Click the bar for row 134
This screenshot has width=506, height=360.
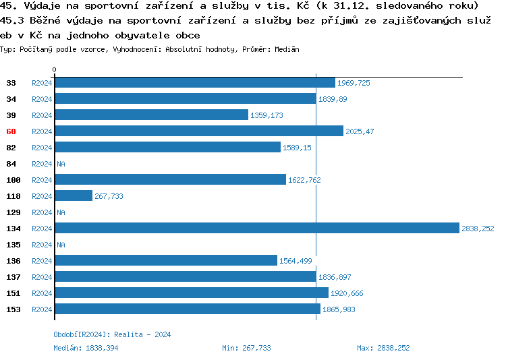pos(256,229)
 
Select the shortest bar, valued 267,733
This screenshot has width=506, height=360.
pos(74,196)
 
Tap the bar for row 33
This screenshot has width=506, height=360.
pos(194,83)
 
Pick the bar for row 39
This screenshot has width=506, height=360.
pos(151,115)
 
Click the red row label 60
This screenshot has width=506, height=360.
pos(11,131)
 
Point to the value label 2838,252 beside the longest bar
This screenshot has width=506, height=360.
pos(478,229)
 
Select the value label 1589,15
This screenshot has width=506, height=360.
pos(297,148)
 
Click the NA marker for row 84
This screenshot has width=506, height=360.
pos(61,164)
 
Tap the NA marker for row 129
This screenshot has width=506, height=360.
pos(61,212)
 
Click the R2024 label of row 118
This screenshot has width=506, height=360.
pos(42,196)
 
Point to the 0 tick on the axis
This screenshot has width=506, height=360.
pos(55,69)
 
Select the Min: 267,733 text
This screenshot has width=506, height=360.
pos(246,348)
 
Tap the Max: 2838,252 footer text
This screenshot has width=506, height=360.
pos(383,348)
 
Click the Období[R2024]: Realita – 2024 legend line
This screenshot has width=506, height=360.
pos(112,334)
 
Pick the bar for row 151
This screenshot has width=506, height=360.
pos(191,293)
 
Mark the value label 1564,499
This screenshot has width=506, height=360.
pos(296,261)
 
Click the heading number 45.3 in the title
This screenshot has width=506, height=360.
pos(11,22)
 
